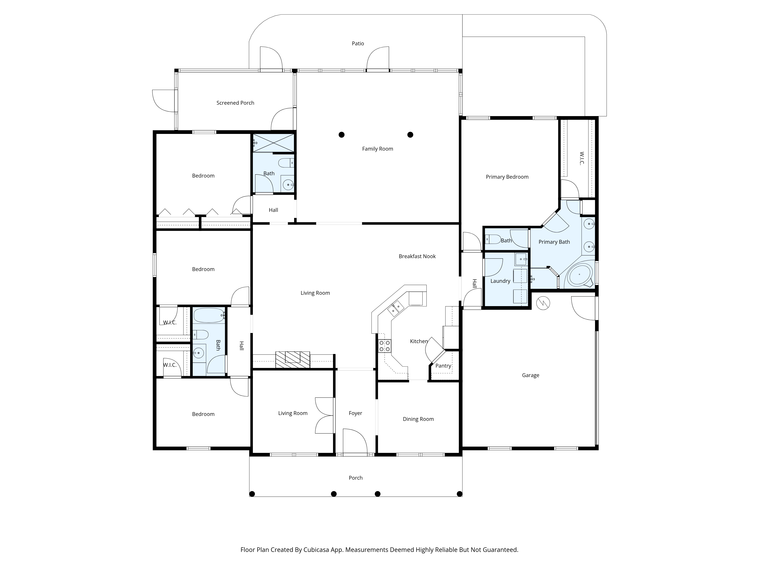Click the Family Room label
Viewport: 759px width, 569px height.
tap(377, 149)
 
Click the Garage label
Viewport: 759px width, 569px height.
tap(531, 375)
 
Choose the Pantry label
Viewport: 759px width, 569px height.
tap(443, 366)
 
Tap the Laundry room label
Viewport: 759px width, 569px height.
tap(500, 281)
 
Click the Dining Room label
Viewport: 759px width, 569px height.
tap(418, 419)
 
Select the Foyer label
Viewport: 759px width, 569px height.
tap(355, 413)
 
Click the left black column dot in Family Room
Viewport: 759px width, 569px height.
tap(341, 135)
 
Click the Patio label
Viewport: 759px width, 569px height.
tap(358, 44)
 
